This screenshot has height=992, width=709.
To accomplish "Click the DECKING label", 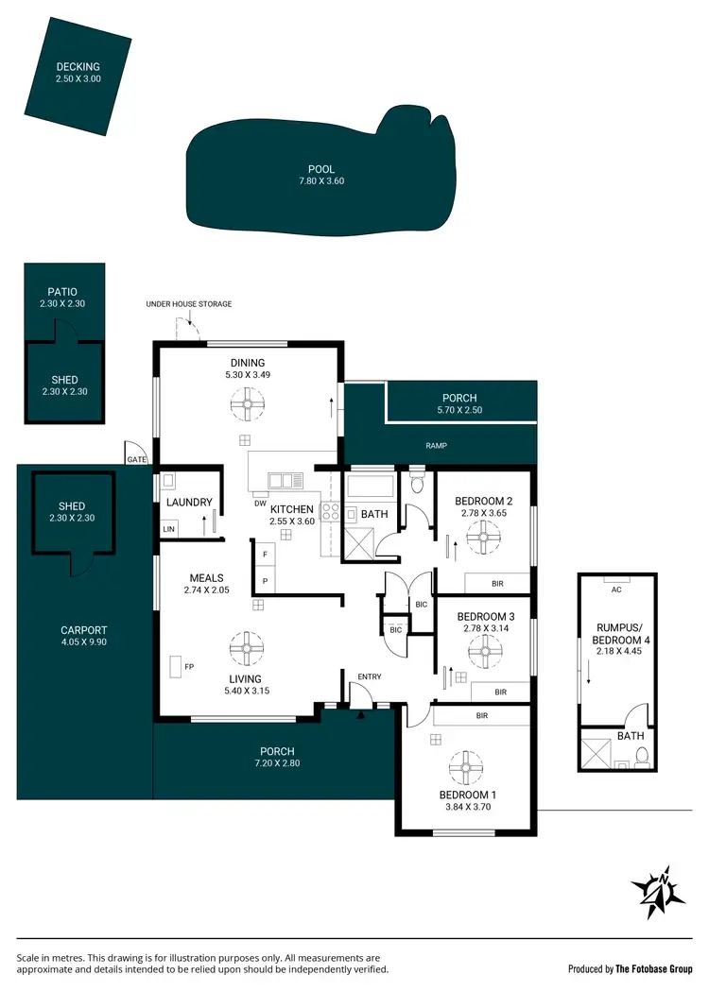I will coord(78,67).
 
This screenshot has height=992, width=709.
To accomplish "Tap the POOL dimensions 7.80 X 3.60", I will coord(321,181).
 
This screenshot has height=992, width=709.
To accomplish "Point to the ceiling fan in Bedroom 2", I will coord(483,540).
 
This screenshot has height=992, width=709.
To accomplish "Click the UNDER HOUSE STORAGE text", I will coord(188,304).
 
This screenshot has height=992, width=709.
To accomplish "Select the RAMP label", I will coord(436,446).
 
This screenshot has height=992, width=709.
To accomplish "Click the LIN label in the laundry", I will coord(169,529).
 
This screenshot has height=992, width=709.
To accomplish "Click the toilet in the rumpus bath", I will coord(642,755).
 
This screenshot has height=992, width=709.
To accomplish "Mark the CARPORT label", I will coord(84,630).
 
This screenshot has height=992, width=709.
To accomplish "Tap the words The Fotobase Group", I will coord(654,968).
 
